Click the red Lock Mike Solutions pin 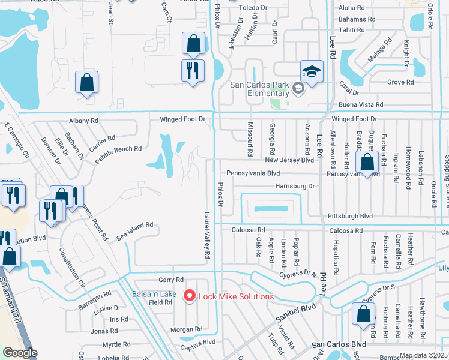pos(190,295)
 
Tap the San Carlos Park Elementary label pos(260,89)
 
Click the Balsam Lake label pos(154,294)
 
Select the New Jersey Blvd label pos(290,160)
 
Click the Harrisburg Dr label pos(295,186)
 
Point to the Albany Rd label pos(83,121)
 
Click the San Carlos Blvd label pos(339,344)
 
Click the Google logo pos(20,353)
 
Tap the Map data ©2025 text pos(423,355)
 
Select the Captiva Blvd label pos(200,342)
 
